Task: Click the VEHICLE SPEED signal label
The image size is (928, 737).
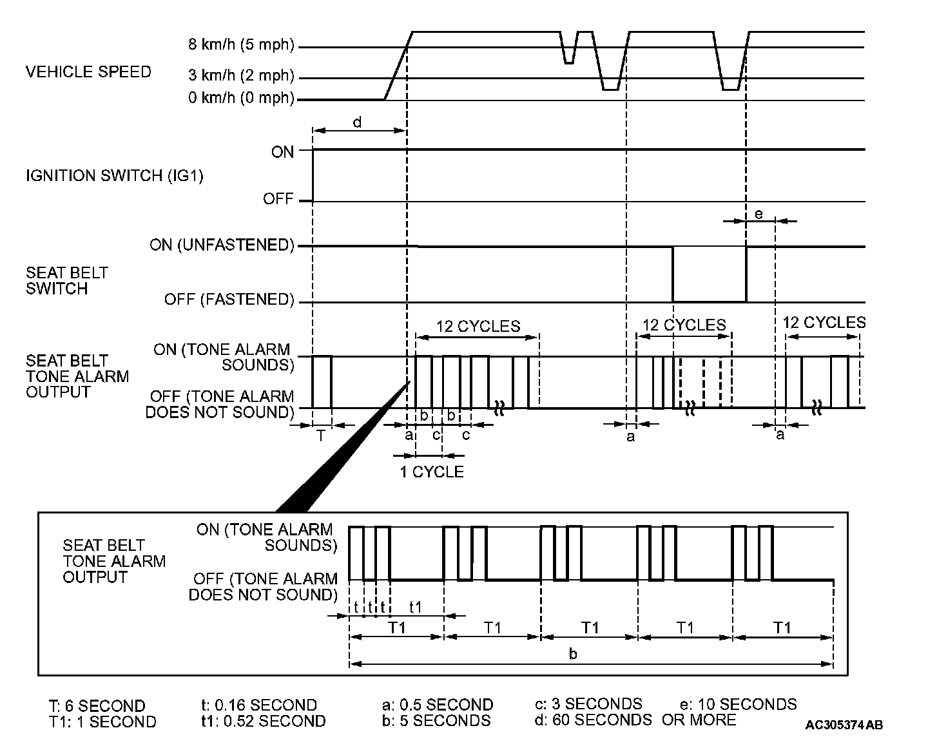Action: [x=88, y=72]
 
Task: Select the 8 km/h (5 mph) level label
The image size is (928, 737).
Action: [x=241, y=45]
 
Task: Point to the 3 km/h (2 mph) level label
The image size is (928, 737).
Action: [x=241, y=76]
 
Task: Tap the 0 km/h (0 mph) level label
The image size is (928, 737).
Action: [x=241, y=99]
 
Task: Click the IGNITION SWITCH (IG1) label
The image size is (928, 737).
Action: [x=114, y=175]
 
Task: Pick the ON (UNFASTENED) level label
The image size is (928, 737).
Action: [x=222, y=245]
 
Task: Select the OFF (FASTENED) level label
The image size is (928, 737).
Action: [x=229, y=300]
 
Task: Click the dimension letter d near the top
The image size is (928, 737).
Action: [x=357, y=122]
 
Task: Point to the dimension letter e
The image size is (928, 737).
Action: [x=759, y=214]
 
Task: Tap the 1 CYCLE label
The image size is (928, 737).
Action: [x=431, y=472]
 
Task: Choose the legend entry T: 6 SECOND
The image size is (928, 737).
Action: [x=97, y=705]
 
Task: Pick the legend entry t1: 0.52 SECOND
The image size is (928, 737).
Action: [x=263, y=721]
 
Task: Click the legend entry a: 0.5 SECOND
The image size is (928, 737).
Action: [x=437, y=705]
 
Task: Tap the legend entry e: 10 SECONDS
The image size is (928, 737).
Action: [x=738, y=704]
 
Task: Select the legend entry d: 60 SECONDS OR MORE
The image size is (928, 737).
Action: [x=635, y=720]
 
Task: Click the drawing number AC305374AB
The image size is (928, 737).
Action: [x=844, y=725]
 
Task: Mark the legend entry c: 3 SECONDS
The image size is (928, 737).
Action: [x=588, y=703]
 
